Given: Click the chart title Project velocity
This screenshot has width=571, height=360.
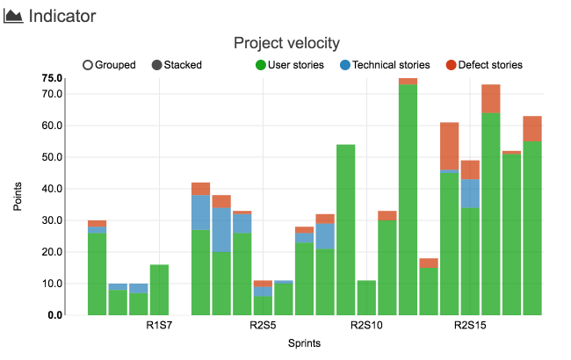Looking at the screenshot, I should click(x=286, y=43).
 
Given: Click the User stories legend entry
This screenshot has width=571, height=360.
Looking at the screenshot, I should click(x=289, y=65).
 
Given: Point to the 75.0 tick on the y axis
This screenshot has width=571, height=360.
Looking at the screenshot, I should click(x=51, y=78).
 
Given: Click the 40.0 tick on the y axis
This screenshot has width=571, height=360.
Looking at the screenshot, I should click(x=51, y=189).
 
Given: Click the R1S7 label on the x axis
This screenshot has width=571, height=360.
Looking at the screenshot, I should click(x=159, y=327).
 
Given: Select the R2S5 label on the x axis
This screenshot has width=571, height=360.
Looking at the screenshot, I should click(x=263, y=327).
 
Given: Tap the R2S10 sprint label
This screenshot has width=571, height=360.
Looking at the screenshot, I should click(x=366, y=327).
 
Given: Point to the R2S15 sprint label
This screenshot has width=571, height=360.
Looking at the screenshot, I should click(x=469, y=327).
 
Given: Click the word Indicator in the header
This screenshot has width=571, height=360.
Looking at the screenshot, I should click(x=62, y=16).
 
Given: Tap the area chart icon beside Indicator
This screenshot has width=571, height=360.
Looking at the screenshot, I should click(x=14, y=17).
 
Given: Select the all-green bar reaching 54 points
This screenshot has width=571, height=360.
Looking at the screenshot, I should click(x=345, y=229).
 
